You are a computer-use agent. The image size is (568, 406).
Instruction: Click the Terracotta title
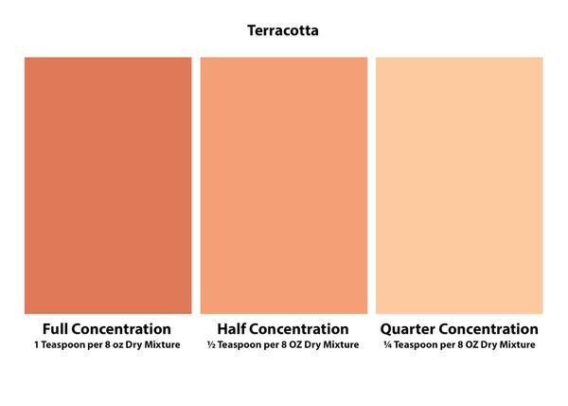pyautogui.click(x=283, y=30)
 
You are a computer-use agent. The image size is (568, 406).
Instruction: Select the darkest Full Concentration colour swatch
pyautogui.click(x=108, y=185)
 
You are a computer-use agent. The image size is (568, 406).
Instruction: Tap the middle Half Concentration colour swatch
pyautogui.click(x=284, y=185)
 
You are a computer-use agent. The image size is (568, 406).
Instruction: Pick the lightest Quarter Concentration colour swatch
pyautogui.click(x=459, y=185)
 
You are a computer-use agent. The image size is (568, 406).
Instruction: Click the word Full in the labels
pyautogui.click(x=55, y=329)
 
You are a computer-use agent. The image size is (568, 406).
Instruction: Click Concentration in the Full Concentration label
pyautogui.click(x=120, y=329)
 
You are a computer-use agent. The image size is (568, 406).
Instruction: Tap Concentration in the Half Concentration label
pyautogui.click(x=298, y=329)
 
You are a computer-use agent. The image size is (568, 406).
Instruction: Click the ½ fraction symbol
pyautogui.click(x=211, y=344)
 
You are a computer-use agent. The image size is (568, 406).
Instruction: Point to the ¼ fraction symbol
pyautogui.click(x=387, y=344)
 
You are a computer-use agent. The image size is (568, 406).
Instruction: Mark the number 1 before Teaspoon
pyautogui.click(x=37, y=344)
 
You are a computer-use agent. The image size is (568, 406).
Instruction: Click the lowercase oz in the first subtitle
pyautogui.click(x=117, y=345)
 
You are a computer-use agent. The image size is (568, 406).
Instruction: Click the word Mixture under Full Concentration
pyautogui.click(x=162, y=344)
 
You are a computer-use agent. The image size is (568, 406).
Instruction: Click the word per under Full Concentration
pyautogui.click(x=96, y=346)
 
